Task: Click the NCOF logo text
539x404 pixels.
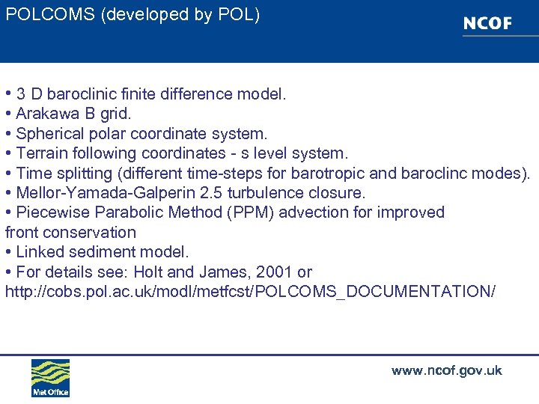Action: pyautogui.click(x=487, y=24)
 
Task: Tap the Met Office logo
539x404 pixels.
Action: pyautogui.click(x=50, y=378)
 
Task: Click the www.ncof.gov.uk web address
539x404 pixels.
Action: pyautogui.click(x=446, y=370)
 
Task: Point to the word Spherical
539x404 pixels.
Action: pyautogui.click(x=49, y=134)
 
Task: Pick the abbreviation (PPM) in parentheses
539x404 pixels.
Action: pyautogui.click(x=249, y=212)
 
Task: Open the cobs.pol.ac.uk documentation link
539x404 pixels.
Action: pyautogui.click(x=250, y=291)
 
